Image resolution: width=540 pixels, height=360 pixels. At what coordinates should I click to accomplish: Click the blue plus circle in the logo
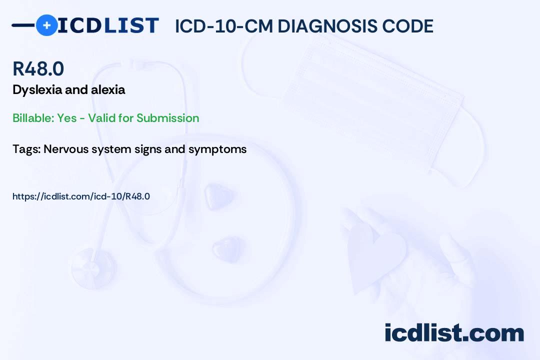[x=46, y=25]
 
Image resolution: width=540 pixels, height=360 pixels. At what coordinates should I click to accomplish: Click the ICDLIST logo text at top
[x=108, y=25]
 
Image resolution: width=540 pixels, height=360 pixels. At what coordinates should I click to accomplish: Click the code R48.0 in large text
[x=38, y=68]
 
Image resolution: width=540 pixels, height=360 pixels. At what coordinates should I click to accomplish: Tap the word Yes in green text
[x=67, y=118]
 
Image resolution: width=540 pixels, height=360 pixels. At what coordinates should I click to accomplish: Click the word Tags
[x=26, y=149]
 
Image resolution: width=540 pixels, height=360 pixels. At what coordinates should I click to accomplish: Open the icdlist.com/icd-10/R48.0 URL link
[x=81, y=196]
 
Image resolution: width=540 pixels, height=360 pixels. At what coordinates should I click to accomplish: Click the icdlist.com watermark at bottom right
[x=454, y=333]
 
